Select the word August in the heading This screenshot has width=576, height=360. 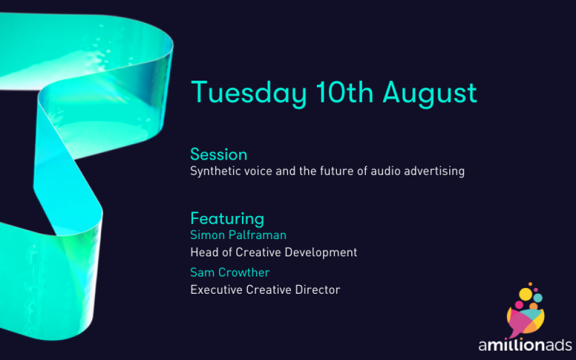(430, 94)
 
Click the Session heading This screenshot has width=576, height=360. (218, 154)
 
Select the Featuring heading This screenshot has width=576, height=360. (227, 219)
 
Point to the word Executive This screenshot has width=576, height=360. (217, 290)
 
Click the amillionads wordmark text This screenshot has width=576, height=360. (525, 345)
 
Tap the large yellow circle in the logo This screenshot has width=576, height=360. (526, 294)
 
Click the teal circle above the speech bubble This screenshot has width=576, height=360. (538, 298)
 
